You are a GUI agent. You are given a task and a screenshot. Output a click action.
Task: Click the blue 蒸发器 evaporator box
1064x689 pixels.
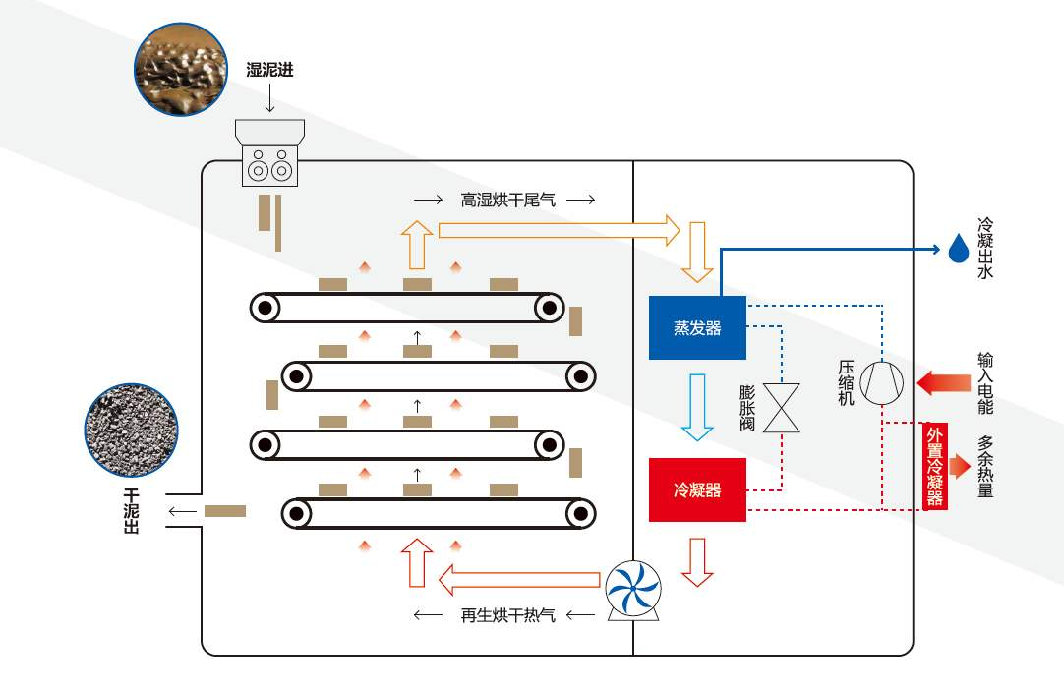(697, 327)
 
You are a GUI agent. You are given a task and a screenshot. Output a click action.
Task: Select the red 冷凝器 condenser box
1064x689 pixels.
(697, 489)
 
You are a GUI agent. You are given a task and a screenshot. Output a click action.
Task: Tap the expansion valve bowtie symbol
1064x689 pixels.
(782, 408)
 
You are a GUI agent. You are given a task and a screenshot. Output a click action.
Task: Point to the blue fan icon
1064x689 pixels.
(633, 588)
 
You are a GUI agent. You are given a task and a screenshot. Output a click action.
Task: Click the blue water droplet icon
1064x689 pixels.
(959, 250)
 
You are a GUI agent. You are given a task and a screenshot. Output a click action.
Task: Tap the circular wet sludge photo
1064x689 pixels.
(180, 70)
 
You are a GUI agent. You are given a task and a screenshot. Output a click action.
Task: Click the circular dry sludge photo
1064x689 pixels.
(132, 431)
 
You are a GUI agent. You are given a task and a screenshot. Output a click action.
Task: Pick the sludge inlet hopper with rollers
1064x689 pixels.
(269, 153)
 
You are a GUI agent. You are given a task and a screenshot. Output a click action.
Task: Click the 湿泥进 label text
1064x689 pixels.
(269, 70)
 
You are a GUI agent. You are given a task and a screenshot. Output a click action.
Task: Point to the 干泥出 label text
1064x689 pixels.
(131, 511)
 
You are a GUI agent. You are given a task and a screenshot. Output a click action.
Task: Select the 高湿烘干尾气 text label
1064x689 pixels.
(507, 200)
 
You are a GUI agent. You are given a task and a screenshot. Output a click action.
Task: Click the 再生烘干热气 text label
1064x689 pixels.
(507, 615)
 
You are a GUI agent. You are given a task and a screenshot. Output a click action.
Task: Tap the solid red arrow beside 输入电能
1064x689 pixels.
(943, 381)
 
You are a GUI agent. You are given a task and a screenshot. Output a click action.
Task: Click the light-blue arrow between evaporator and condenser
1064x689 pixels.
(697, 406)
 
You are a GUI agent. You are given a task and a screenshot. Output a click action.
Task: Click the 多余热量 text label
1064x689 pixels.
(985, 466)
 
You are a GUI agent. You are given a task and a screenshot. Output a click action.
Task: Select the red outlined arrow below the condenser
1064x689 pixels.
(697, 561)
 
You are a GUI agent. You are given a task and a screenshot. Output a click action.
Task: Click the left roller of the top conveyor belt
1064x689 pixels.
(264, 308)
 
